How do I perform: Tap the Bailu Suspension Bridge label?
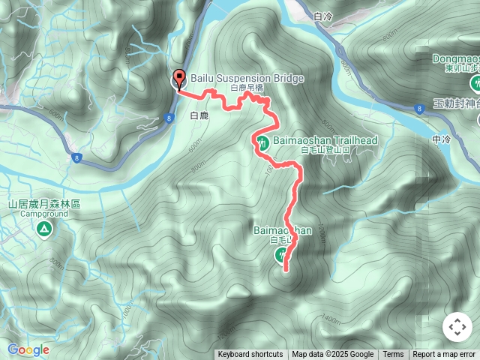237,77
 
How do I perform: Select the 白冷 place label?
324,16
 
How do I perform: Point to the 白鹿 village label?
199,115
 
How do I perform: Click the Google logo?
28,349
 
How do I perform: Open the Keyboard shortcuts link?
250,355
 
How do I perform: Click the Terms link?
393,355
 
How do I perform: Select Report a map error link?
444,355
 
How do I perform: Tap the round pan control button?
457,327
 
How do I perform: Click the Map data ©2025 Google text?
332,355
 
